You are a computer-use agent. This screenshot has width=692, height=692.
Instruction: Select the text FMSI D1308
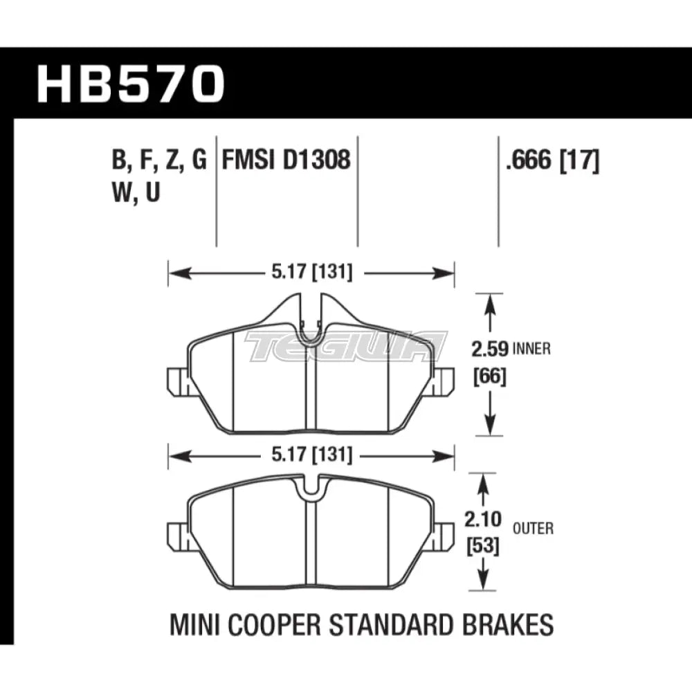286,161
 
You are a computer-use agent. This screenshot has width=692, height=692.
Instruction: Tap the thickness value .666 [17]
552,161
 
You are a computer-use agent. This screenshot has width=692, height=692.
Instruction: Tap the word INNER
531,349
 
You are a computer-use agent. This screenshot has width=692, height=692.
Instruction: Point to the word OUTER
533,529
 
